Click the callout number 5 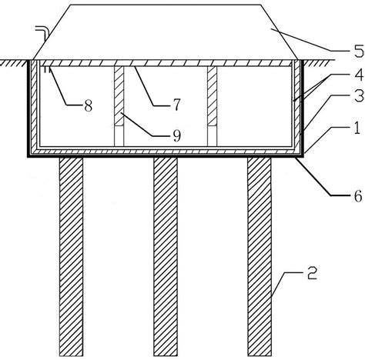click(359, 51)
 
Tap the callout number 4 click(360, 75)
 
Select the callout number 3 click(360, 95)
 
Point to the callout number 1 click(357, 128)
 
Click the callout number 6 click(358, 196)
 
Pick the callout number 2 click(312, 273)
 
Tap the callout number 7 click(176, 105)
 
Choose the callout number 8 click(88, 105)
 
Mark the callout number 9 click(176, 135)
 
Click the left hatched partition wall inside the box click(119, 96)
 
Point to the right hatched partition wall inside click(213, 96)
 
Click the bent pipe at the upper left click(42, 32)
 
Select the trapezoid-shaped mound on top click(166, 32)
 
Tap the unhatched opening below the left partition click(119, 136)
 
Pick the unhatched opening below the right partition click(213, 136)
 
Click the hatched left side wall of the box click(34, 105)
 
